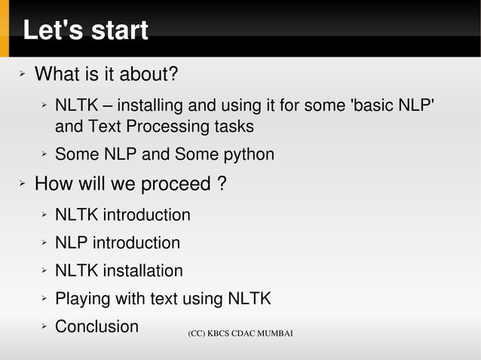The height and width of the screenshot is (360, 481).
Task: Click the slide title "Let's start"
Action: (x=85, y=31)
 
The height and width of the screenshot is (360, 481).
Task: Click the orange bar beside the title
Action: (x=5, y=29)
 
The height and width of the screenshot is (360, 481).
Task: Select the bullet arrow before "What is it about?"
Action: (x=23, y=75)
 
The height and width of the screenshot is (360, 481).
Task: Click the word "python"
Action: (x=249, y=155)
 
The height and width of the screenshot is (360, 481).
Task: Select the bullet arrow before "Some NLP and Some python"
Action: (x=44, y=155)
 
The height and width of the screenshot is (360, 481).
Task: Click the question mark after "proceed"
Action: (x=221, y=184)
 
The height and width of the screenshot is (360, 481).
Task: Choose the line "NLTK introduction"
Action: (x=122, y=215)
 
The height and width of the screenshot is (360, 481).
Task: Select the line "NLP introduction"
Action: (x=117, y=243)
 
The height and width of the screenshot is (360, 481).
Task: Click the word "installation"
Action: (x=142, y=270)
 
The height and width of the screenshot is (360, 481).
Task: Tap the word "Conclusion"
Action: (x=97, y=327)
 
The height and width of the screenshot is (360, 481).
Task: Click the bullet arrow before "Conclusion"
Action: (x=44, y=327)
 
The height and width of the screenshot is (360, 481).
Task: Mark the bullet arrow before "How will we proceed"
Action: (x=23, y=184)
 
